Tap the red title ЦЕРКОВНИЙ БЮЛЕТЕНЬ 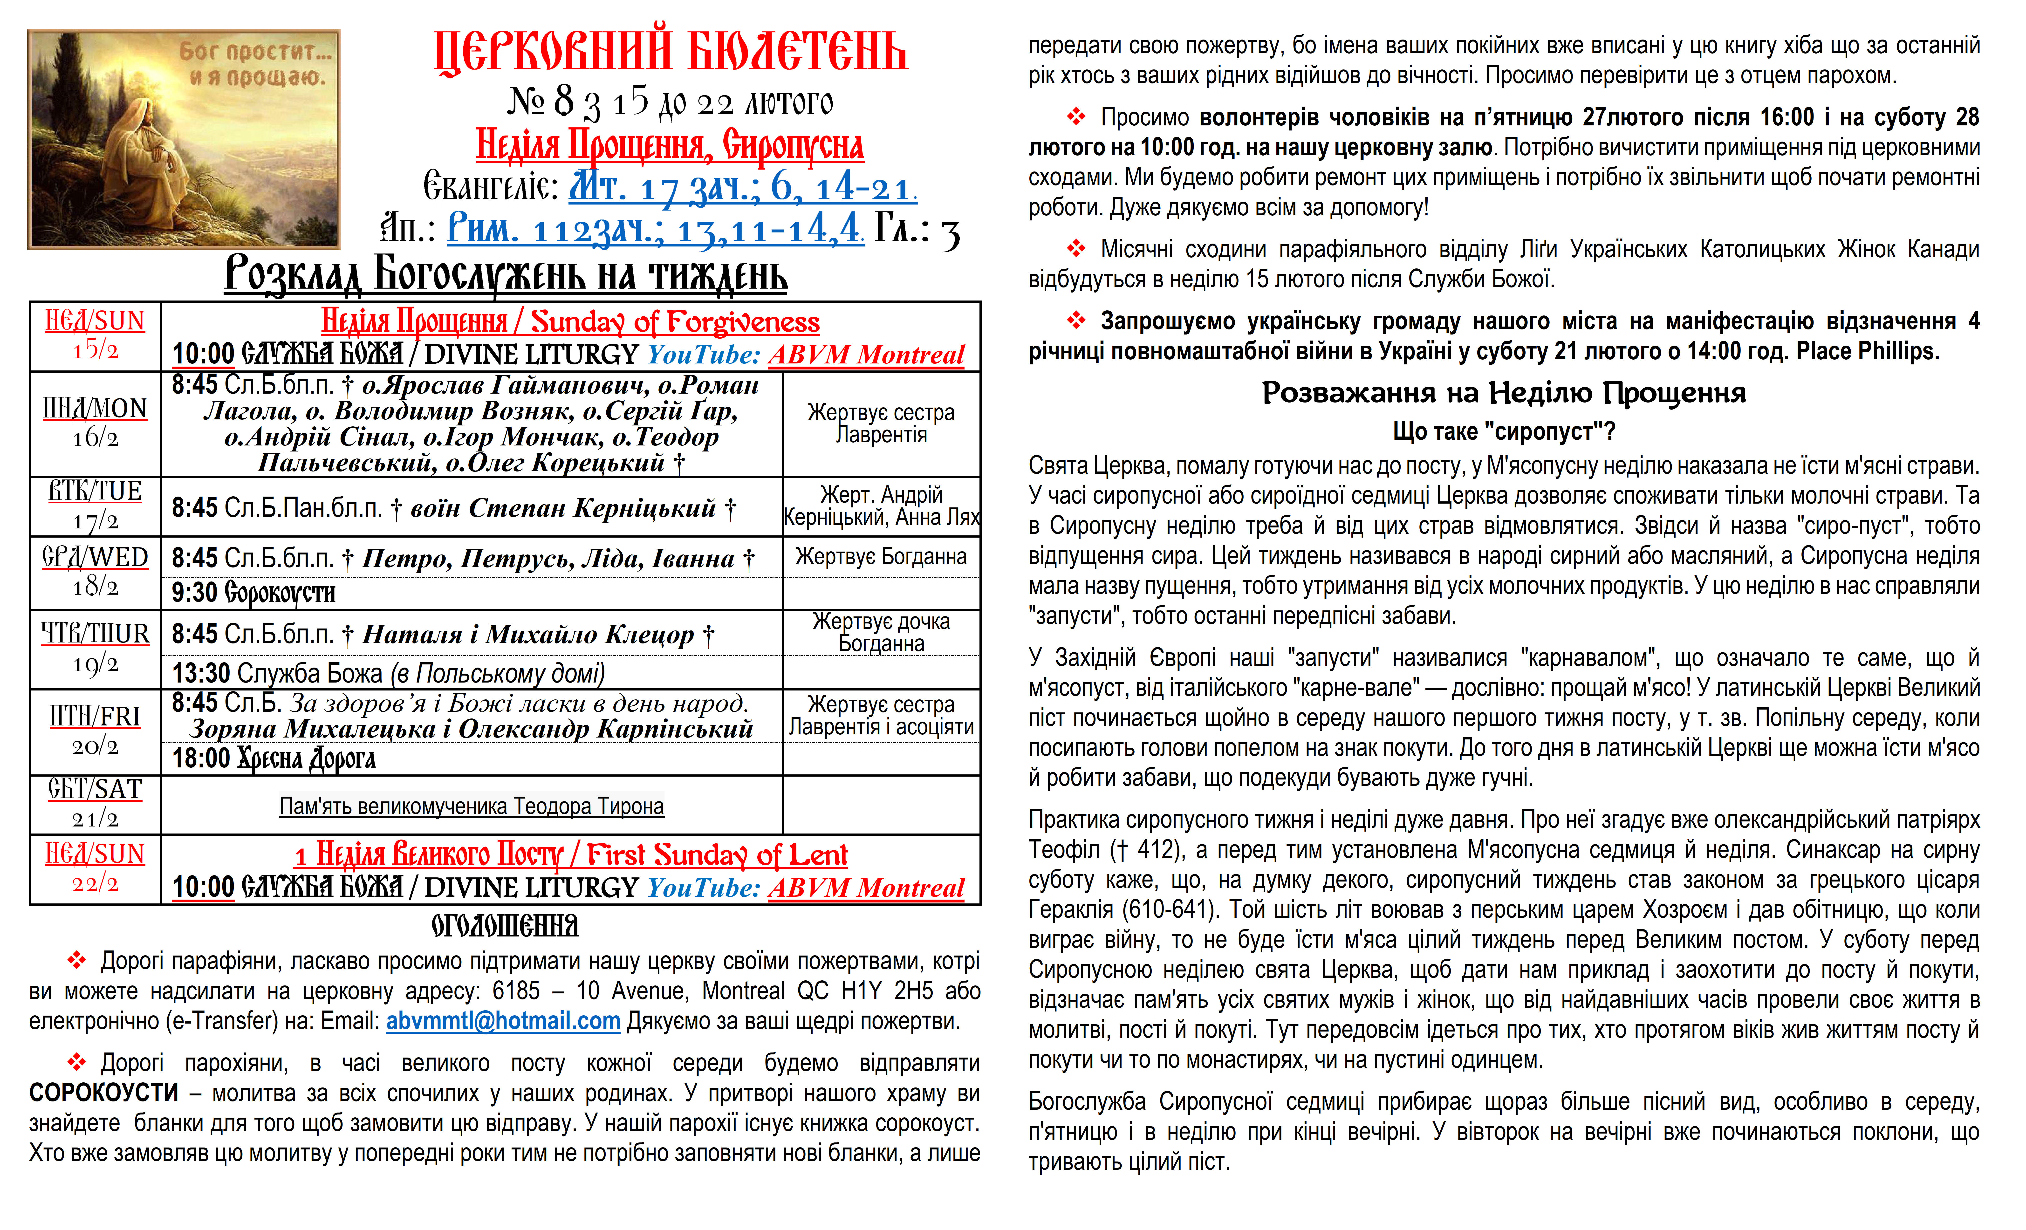click(x=670, y=51)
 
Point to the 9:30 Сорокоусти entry click(x=253, y=593)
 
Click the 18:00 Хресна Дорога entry click(x=274, y=758)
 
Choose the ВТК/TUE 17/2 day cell click(x=95, y=506)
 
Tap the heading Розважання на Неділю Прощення click(x=1503, y=393)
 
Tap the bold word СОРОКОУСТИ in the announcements click(x=104, y=1093)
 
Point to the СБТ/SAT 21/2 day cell click(x=95, y=803)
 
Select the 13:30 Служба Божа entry click(x=388, y=673)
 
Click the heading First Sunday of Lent click(x=717, y=855)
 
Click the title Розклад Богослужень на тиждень click(x=506, y=275)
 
